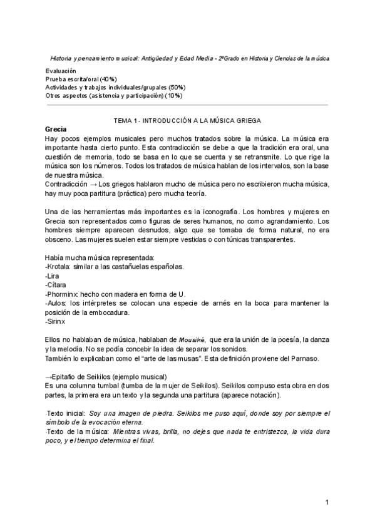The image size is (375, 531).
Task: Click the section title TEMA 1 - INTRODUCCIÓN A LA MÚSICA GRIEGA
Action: click(187, 120)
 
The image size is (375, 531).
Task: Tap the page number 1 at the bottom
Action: click(327, 503)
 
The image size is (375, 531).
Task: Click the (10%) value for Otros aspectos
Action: click(173, 95)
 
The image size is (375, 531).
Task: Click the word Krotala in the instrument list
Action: click(61, 266)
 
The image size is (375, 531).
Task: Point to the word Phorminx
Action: click(63, 293)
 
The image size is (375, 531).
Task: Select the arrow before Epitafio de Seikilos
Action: click(49, 376)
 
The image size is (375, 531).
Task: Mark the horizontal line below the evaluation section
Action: click(187, 105)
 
